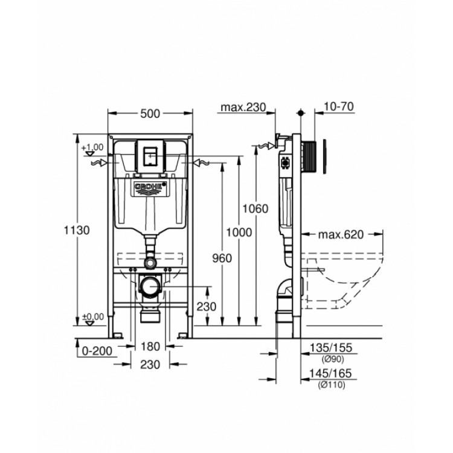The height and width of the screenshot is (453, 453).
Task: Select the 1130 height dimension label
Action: point(77,230)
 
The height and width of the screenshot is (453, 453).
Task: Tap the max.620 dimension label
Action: point(342,234)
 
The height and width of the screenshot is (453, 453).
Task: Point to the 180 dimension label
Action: point(149,347)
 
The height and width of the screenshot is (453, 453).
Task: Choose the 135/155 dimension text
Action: point(330,347)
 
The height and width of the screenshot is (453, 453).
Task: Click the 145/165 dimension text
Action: point(330,375)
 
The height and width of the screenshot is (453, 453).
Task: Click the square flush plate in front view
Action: point(149,155)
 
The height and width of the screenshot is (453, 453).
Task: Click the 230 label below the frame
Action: point(149,364)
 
